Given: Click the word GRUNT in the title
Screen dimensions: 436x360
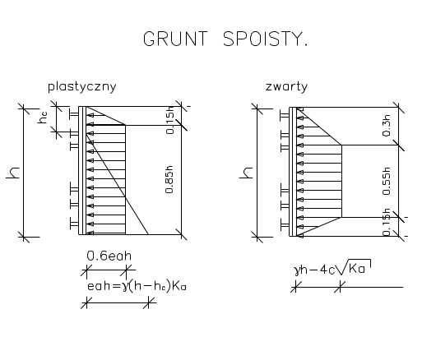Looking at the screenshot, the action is coord(175,39).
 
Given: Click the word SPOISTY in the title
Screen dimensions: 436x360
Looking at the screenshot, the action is coord(262,39).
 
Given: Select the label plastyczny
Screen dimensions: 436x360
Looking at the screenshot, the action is coord(82,87).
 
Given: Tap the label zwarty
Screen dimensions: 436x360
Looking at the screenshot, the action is coord(286,86).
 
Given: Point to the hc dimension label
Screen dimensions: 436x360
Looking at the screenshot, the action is coord(43,118).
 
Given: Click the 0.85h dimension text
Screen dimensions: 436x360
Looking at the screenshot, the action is coord(169,179).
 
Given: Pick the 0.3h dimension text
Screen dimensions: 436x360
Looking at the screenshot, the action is coord(387,125).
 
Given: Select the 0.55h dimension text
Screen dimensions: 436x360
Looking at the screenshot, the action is coord(387,181).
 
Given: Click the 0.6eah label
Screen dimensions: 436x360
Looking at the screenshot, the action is coord(109,256).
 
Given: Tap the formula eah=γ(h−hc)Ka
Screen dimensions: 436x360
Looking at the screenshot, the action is coord(137,286).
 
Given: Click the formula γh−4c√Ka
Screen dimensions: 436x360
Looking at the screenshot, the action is coord(332,267).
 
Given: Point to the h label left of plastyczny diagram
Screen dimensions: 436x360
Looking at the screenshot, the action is coord(13,173).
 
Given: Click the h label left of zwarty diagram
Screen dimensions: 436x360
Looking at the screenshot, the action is coord(246,173).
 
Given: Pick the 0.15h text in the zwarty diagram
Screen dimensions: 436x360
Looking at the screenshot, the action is coord(387,222).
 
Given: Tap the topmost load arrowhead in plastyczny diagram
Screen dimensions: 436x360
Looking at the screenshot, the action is coord(90,115).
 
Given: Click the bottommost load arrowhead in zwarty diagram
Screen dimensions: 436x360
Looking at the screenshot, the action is coord(300,236).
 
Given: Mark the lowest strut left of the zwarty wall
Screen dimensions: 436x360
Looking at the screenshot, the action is coord(285,226).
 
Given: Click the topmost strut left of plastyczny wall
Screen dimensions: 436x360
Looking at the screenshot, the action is coord(74,115).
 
